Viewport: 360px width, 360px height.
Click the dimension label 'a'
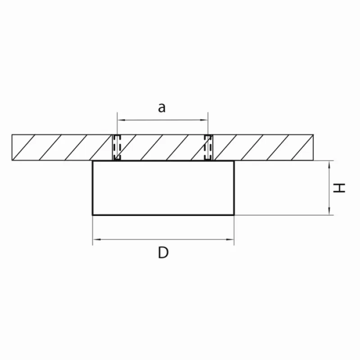(162, 108)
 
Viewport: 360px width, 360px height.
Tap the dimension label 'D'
(163, 252)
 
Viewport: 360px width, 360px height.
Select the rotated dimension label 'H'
(339, 188)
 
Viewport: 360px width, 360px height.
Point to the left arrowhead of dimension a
(121, 120)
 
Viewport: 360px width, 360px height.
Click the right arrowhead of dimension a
(204, 120)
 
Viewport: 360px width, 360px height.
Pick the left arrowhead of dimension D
(97, 239)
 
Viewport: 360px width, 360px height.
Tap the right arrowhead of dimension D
(230, 239)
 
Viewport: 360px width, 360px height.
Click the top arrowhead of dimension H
(329, 165)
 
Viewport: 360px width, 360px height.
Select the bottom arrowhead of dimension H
(329, 211)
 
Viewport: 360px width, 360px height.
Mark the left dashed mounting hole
(117, 148)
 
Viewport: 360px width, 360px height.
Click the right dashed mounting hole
(208, 148)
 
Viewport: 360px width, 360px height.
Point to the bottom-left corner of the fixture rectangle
(93, 215)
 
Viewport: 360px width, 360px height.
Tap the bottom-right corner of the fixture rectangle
(234, 215)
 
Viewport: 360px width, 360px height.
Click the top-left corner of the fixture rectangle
(93, 161)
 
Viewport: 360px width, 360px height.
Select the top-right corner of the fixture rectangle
(234, 161)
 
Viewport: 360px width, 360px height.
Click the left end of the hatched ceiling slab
(12, 148)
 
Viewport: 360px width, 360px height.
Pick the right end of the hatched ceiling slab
(313, 148)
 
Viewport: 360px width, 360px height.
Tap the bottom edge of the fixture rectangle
(163, 215)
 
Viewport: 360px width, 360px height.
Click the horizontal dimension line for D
(163, 239)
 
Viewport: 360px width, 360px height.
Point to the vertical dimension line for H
(329, 188)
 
